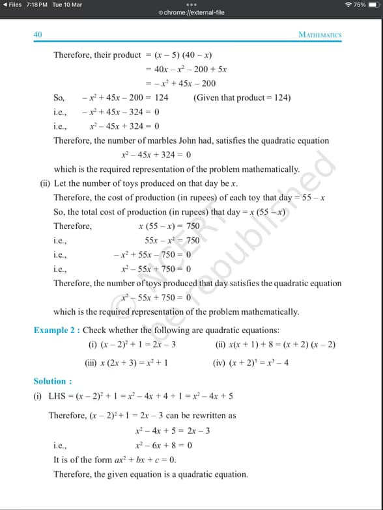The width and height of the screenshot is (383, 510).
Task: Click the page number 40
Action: (x=38, y=34)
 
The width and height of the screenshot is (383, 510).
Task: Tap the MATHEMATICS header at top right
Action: (x=319, y=35)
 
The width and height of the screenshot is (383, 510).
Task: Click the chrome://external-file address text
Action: (x=193, y=12)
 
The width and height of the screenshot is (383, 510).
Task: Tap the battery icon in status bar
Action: (x=375, y=5)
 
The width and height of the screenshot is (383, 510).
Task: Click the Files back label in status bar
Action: (x=14, y=5)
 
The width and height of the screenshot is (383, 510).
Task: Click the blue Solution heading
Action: (x=52, y=381)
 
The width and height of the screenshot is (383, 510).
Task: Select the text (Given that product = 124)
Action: (x=242, y=98)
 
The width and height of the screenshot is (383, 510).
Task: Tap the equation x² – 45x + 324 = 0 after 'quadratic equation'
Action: (x=156, y=155)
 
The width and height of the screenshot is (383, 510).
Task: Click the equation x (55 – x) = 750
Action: (x=169, y=226)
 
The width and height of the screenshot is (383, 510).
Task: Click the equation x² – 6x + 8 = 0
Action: (x=163, y=446)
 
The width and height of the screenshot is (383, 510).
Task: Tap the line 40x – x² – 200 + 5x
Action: (x=186, y=70)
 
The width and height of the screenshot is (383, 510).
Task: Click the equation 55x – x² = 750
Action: (x=172, y=241)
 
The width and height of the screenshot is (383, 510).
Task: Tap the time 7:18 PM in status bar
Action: (x=38, y=5)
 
